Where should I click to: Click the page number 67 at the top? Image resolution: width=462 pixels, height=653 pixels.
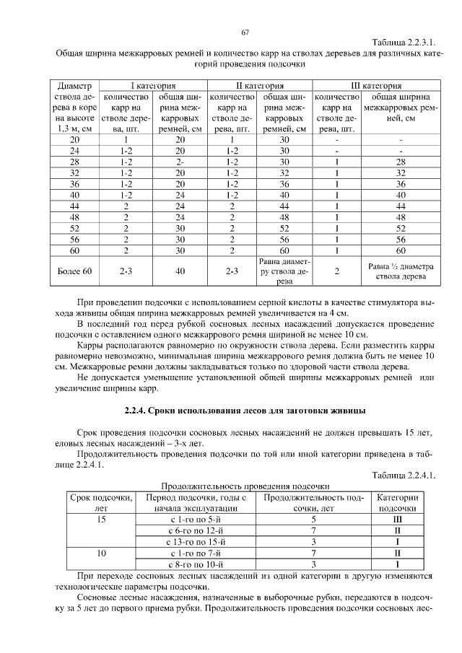tap(245, 32)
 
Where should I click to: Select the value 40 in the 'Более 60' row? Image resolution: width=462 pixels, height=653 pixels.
tap(180, 271)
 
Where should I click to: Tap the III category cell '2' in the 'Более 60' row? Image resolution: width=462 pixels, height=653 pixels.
tap(336, 271)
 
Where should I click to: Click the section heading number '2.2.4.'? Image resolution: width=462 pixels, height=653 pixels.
tap(136, 411)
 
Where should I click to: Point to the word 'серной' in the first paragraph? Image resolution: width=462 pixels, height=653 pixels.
tap(255, 303)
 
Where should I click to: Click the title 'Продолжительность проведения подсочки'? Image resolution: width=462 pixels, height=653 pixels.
tap(245, 486)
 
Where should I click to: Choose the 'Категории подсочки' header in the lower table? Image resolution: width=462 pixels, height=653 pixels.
tap(397, 503)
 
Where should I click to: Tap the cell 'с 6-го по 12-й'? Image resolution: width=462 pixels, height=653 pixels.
tap(198, 530)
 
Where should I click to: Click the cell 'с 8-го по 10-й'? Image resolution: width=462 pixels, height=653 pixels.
tap(198, 564)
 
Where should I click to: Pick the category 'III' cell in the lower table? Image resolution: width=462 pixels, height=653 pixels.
tap(397, 520)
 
